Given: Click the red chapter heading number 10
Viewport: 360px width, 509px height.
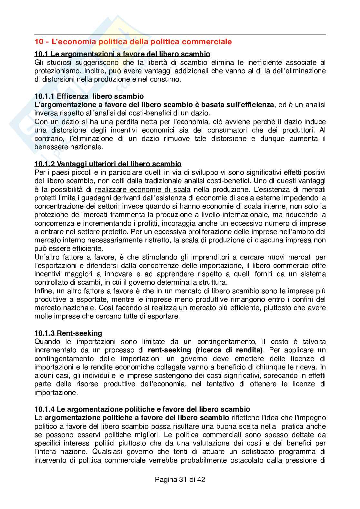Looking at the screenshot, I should (x=38, y=42).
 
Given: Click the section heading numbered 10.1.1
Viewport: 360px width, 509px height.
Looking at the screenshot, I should (x=89, y=96).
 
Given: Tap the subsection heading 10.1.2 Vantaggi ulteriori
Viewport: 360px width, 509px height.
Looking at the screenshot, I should (x=108, y=164).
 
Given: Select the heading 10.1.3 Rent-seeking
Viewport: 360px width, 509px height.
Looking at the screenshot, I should (x=68, y=333).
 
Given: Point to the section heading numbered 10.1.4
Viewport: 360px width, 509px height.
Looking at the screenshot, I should (x=142, y=409).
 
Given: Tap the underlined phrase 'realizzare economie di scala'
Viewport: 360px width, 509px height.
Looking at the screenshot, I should (x=143, y=189).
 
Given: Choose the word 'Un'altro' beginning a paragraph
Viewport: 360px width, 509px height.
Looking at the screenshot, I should (x=46, y=257).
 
